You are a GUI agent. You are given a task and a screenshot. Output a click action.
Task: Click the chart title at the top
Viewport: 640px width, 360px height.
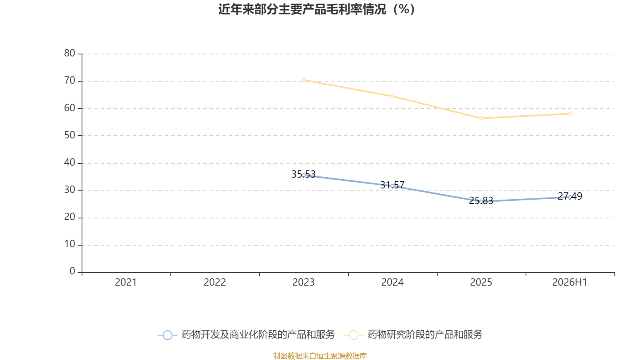(x=316, y=10)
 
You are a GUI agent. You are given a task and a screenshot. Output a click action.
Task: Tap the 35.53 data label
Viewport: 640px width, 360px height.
(x=304, y=174)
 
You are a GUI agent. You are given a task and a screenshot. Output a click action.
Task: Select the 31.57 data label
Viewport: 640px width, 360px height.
(x=392, y=185)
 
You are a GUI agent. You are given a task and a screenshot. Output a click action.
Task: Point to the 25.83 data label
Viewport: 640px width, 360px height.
(x=481, y=200)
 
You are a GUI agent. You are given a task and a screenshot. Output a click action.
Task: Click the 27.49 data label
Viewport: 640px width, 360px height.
(x=570, y=196)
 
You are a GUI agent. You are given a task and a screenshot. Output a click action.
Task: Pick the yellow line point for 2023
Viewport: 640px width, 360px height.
(x=304, y=80)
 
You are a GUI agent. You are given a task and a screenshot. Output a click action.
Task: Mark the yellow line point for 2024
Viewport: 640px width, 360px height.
(x=392, y=96)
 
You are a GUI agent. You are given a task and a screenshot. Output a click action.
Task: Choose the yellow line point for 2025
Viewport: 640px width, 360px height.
(x=481, y=118)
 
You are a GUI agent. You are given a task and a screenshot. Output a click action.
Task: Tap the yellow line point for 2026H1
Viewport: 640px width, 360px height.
(x=570, y=114)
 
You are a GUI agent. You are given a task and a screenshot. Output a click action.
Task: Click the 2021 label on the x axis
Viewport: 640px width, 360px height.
(x=126, y=282)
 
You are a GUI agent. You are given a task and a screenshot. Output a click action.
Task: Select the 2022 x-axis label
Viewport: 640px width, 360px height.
(x=214, y=282)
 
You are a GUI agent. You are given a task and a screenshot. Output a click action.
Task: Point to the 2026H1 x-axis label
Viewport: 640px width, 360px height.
(x=570, y=282)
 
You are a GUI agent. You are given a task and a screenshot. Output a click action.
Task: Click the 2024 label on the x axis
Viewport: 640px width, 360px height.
(x=392, y=282)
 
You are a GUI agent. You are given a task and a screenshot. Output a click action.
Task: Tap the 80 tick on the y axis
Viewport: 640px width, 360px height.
(x=70, y=54)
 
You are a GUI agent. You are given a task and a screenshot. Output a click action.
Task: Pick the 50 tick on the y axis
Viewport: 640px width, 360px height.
(x=70, y=136)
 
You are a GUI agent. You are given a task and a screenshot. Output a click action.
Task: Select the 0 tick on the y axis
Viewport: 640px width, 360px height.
(x=72, y=272)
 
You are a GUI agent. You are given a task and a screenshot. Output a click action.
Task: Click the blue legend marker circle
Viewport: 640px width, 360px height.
(x=168, y=335)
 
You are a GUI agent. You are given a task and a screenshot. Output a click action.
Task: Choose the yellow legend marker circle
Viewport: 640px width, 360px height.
(x=354, y=335)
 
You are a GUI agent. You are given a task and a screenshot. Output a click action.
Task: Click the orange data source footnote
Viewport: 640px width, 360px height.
(x=320, y=356)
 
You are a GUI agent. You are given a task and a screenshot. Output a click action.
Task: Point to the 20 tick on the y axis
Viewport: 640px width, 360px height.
(x=70, y=217)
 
